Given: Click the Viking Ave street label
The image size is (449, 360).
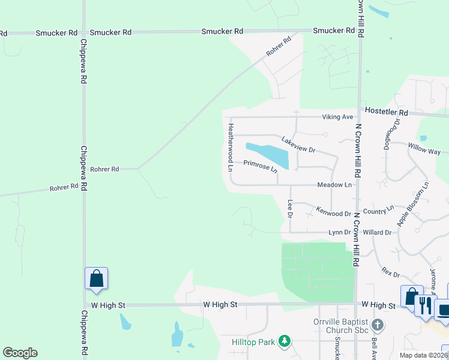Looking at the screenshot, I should point(339,117).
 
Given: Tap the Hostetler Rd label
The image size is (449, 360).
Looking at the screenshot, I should point(385,112).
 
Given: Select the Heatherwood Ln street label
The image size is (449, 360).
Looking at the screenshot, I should point(231,147).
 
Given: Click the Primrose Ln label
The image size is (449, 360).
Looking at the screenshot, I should point(261,166).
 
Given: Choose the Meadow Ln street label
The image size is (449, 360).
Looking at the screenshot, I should point(334,185).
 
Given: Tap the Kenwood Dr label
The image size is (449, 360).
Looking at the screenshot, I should point(333,213).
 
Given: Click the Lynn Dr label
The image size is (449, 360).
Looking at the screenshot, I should point(339,232).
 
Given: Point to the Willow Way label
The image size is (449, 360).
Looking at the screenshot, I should point(425,149).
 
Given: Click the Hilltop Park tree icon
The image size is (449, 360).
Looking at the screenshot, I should point(285,341).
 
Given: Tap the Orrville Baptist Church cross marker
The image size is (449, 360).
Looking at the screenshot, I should point(378,325).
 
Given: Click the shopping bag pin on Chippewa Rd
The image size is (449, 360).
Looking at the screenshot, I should point(96,279).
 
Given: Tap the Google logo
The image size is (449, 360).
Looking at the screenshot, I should point(19,353).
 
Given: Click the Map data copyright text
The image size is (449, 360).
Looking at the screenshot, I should point(423,355).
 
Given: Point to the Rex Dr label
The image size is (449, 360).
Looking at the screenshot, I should point(390,272).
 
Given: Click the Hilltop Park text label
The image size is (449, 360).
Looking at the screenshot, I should point(253,342).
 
